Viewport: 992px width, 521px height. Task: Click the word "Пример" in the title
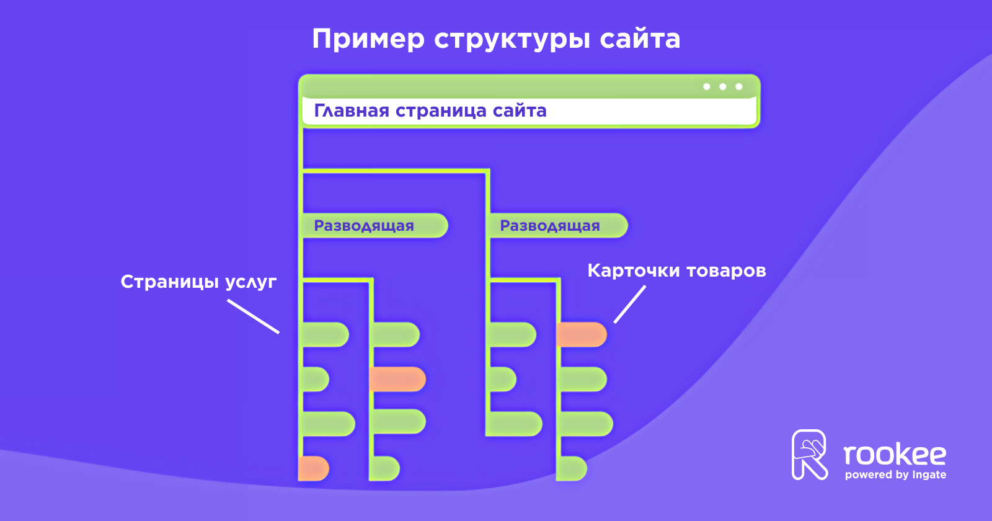tap(368, 39)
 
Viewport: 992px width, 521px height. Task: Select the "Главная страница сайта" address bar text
tap(430, 111)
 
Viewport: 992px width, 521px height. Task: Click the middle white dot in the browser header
tap(722, 87)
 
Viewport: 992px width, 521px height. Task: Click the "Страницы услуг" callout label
tap(198, 282)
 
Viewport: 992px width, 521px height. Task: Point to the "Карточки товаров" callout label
tap(676, 270)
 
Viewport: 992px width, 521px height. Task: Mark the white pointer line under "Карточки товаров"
tap(630, 304)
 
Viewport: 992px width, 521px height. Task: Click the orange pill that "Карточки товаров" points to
tap(581, 335)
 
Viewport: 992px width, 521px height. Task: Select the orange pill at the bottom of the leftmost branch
tap(313, 468)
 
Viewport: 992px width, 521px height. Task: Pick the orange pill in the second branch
tap(397, 379)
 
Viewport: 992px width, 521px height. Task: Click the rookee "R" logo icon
tap(810, 455)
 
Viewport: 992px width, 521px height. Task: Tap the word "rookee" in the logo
tap(895, 455)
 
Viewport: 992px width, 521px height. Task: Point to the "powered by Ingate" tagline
tap(895, 475)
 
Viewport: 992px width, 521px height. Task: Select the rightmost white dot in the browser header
tap(738, 87)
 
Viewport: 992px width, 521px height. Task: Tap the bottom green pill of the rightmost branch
tap(571, 468)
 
